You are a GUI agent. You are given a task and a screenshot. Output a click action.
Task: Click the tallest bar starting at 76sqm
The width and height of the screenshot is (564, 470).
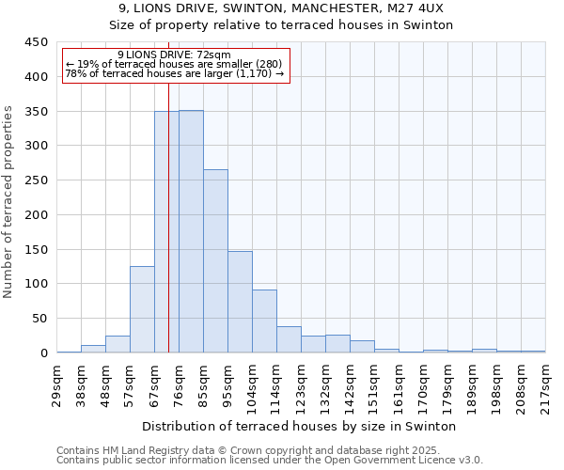(191, 232)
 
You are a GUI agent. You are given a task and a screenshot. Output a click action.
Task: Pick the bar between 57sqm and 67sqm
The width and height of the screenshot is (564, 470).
(142, 309)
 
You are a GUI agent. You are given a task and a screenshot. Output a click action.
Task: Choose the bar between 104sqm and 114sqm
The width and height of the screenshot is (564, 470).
(264, 321)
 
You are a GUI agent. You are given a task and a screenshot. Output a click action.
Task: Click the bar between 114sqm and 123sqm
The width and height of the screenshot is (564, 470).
(289, 339)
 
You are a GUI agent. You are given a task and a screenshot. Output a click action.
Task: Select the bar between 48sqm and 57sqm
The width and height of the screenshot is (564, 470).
(117, 344)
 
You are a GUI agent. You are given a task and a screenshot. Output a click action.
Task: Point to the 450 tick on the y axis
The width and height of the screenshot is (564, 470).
(36, 42)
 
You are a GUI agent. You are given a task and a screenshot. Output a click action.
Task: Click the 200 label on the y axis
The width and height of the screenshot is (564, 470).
(36, 215)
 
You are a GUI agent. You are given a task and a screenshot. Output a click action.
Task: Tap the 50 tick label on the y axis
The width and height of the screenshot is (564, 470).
(39, 319)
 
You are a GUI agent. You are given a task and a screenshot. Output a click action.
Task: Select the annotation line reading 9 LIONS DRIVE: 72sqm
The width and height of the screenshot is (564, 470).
(175, 55)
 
